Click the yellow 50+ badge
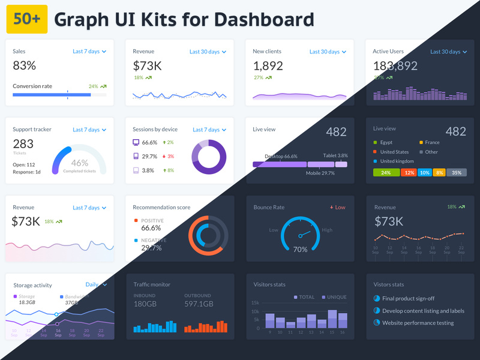coord(26,20)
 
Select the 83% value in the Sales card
coord(25,65)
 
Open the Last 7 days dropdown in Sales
coord(89,52)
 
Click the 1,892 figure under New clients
coord(268,65)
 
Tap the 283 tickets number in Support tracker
coord(23,144)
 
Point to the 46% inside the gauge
coord(80,163)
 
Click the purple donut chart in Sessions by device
coord(209,157)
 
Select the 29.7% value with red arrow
coord(149,156)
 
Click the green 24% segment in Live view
coord(386,173)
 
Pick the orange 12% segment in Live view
coord(409,173)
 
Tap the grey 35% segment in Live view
coord(457,173)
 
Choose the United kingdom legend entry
coord(396,161)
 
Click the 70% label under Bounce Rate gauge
coord(300,249)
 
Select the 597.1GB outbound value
coord(199,304)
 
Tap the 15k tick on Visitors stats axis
coord(255,303)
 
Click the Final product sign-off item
coord(408,298)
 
